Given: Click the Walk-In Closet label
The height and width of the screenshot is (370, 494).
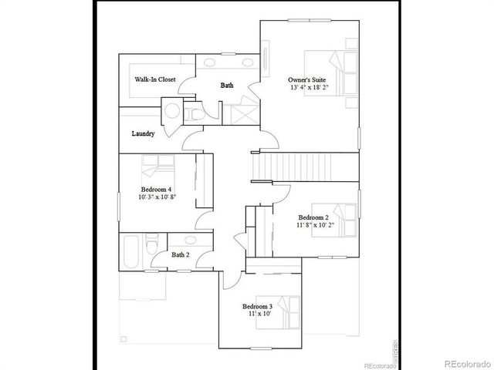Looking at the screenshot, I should click(x=155, y=79).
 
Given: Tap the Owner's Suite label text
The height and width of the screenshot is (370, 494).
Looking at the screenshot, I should click(x=306, y=79).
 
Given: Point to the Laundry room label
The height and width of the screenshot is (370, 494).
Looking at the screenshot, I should click(x=144, y=133).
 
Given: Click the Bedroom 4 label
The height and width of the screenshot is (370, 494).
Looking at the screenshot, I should click(x=156, y=189).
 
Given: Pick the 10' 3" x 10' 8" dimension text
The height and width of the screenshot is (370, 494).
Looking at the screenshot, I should click(x=156, y=197).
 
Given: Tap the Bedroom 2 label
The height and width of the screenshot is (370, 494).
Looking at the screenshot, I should click(x=313, y=217).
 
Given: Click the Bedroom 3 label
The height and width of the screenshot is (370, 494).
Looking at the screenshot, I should click(x=257, y=307).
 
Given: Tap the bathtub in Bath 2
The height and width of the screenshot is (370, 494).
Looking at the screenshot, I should click(x=130, y=250).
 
